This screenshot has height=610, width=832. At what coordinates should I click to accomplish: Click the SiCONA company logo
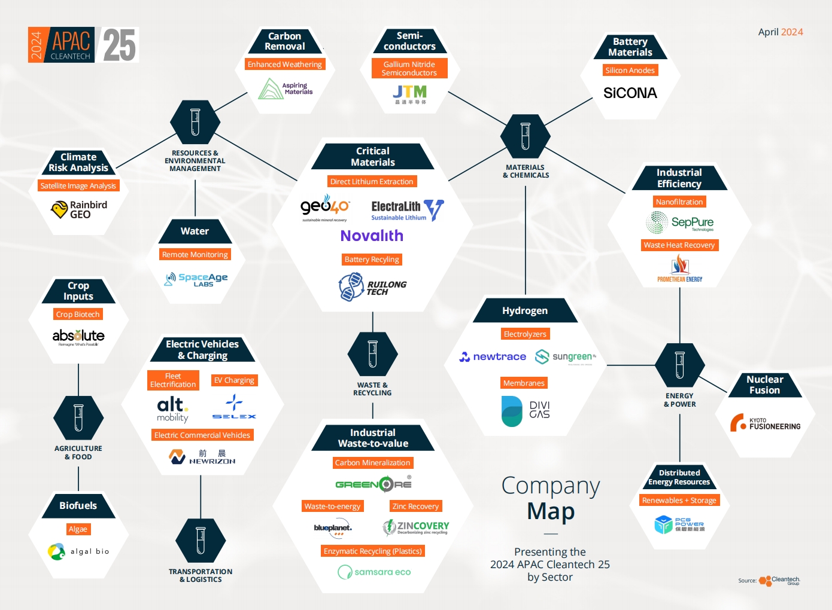tap(630, 93)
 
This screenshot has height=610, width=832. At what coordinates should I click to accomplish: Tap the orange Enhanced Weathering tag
tap(284, 65)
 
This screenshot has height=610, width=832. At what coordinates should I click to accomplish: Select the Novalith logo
tap(372, 236)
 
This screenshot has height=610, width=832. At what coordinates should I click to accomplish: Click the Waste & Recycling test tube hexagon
tap(372, 355)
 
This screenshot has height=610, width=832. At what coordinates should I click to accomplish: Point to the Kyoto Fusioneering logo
tap(765, 423)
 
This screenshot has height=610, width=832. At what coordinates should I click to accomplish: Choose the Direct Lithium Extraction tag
tap(372, 182)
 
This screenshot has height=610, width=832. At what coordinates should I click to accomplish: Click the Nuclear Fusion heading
tap(764, 385)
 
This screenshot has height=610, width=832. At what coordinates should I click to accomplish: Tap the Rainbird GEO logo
tap(79, 209)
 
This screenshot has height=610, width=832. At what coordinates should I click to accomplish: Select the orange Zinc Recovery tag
tap(415, 507)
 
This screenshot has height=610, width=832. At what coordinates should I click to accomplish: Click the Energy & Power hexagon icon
tap(679, 365)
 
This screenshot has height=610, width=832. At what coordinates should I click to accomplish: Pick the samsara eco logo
tap(374, 572)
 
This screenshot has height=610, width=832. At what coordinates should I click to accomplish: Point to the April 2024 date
tap(780, 32)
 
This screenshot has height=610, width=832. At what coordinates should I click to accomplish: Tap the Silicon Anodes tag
tap(630, 71)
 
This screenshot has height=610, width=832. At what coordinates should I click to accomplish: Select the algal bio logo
tap(78, 551)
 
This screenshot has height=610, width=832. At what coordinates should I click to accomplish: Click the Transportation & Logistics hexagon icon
tap(201, 541)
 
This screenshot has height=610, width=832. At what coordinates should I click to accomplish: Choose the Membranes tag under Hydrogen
tap(524, 383)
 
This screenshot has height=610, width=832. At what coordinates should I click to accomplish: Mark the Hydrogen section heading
tap(525, 311)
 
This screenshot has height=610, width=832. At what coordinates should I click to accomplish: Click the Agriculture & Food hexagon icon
tap(78, 417)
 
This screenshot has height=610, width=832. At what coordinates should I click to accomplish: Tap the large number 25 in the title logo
tap(120, 45)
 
